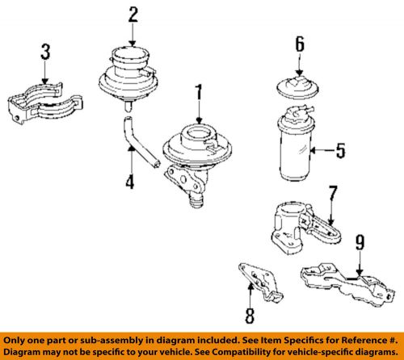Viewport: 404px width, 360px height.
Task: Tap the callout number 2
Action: click(133, 14)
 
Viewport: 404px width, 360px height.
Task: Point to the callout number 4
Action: click(128, 181)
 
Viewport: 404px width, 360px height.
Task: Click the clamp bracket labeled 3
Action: click(44, 105)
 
